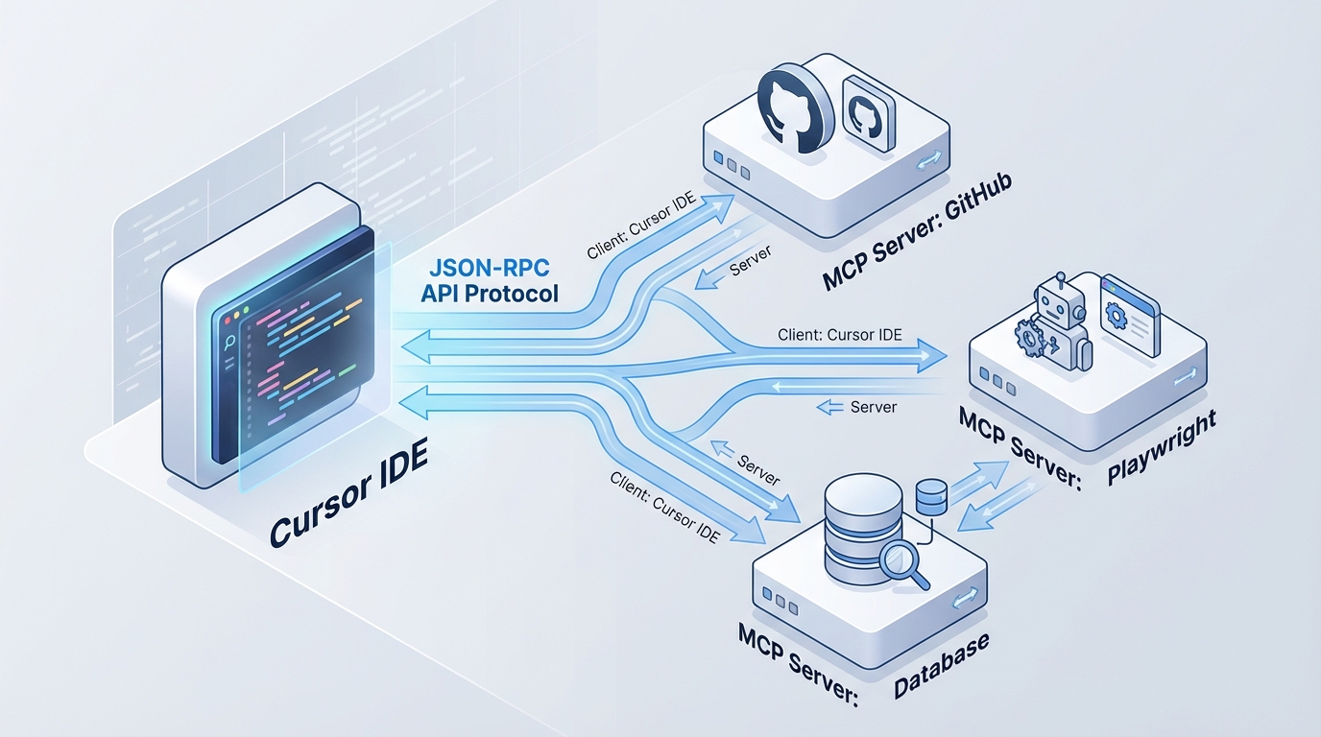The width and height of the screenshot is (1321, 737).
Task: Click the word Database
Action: coord(941,662)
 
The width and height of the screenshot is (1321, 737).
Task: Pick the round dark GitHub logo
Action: coord(792,106)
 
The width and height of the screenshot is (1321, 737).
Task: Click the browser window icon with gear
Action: coord(1130,314)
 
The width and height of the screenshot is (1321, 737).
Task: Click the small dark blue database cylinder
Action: coord(932,498)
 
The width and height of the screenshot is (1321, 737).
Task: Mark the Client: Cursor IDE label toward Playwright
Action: coord(841,335)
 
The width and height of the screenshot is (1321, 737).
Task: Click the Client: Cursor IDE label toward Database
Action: coord(663,506)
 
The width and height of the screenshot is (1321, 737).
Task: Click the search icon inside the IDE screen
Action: coord(231,344)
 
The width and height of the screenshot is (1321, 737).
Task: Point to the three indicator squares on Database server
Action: coord(779,605)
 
